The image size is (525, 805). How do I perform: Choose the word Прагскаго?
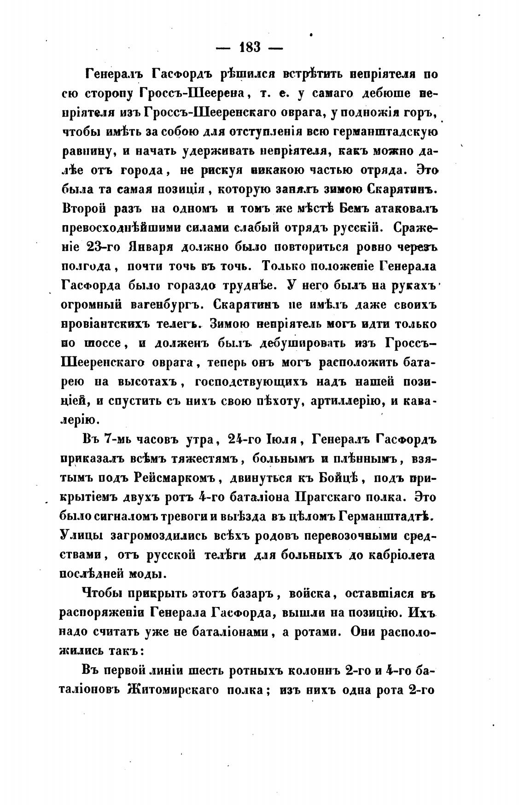[327, 498]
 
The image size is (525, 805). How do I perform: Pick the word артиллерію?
[346, 402]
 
